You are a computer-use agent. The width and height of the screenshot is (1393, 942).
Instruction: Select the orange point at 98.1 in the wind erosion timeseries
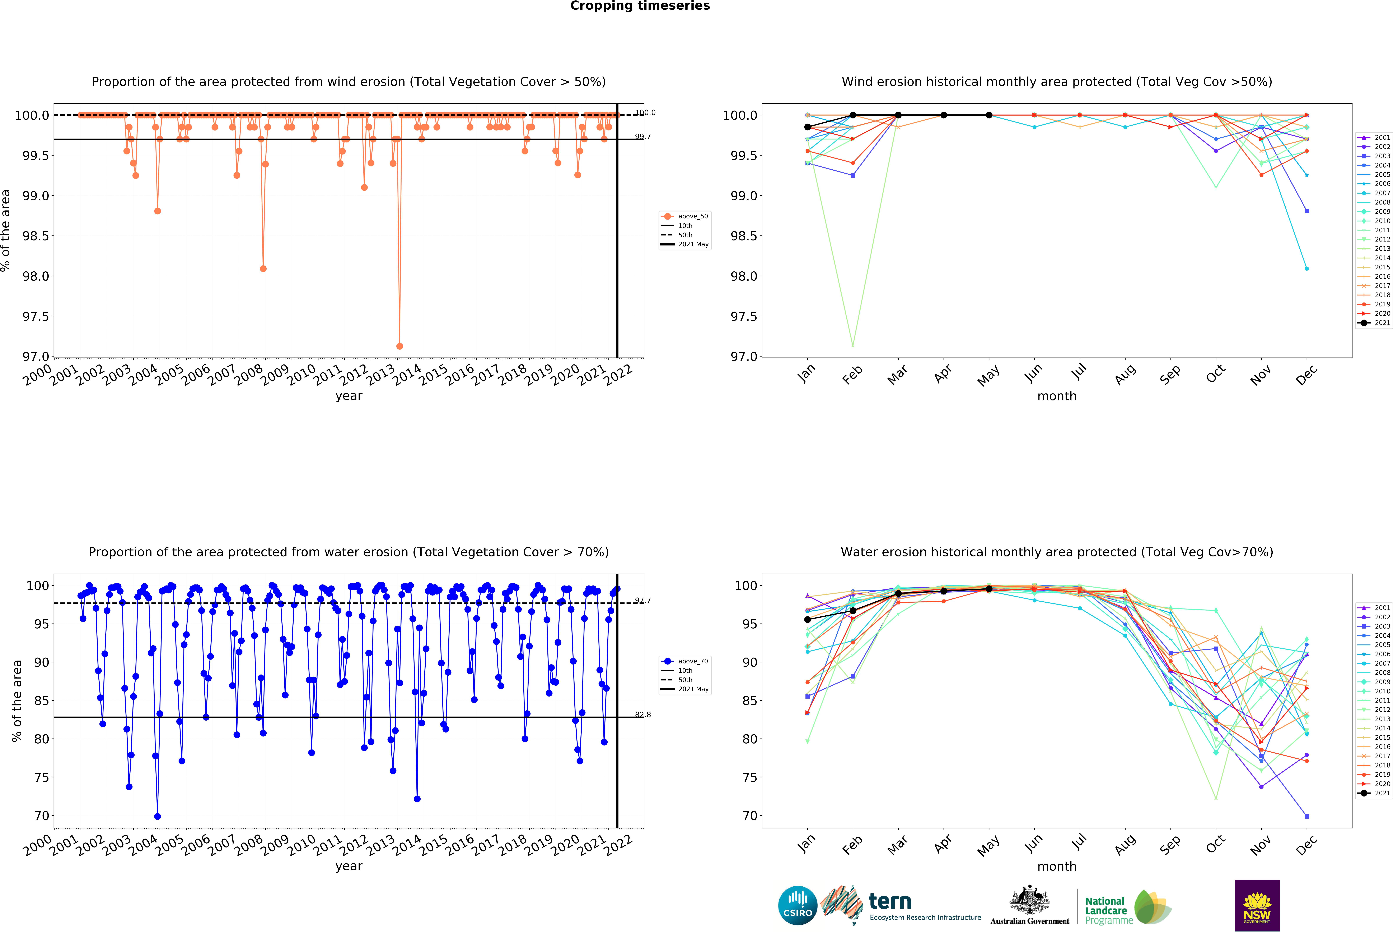click(x=263, y=269)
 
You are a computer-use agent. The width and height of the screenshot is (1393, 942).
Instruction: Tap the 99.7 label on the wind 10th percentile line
click(x=642, y=137)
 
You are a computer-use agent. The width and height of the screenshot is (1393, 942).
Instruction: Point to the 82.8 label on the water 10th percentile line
click(x=642, y=715)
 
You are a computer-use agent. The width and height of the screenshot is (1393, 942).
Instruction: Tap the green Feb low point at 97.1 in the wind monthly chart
click(x=853, y=345)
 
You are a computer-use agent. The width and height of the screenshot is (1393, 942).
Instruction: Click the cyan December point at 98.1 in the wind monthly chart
click(x=1307, y=269)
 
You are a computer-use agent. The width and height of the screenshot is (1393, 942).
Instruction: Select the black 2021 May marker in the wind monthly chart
click(x=989, y=115)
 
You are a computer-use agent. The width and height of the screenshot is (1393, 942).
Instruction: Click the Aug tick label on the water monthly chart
click(x=1125, y=844)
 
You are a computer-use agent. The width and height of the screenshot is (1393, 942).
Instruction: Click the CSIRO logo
click(x=798, y=905)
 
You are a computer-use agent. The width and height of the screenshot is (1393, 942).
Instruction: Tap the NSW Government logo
click(x=1257, y=905)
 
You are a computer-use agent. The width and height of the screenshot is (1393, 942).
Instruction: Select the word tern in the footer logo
click(x=890, y=901)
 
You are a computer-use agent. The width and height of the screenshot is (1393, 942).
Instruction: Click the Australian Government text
click(x=1030, y=921)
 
